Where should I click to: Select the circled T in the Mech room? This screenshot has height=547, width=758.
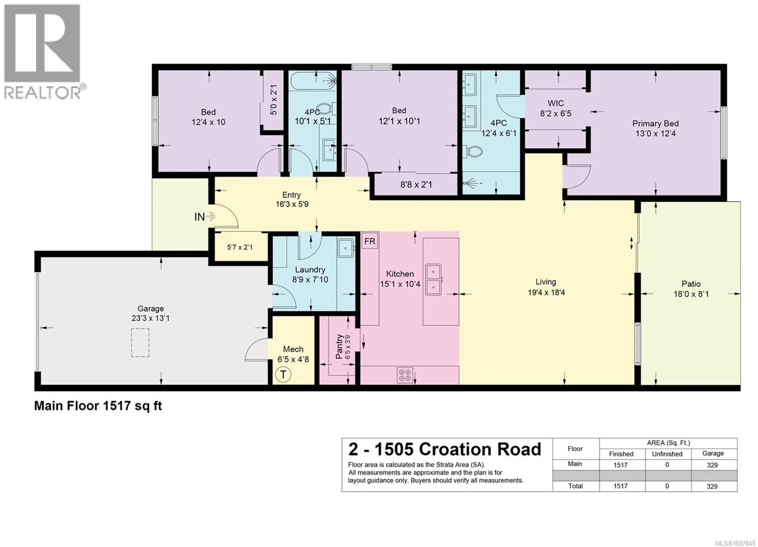tap(283, 375)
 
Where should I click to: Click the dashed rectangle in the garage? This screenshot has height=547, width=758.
tap(140, 343)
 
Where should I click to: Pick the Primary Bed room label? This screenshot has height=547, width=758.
tap(655, 124)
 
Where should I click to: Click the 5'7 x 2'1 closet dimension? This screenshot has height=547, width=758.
tap(240, 247)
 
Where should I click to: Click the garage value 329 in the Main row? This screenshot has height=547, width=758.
tap(712, 465)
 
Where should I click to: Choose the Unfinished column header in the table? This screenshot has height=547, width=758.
tap(667, 454)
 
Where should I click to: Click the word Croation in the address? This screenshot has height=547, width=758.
tap(456, 450)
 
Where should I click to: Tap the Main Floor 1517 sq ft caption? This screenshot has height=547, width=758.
tap(98, 406)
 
